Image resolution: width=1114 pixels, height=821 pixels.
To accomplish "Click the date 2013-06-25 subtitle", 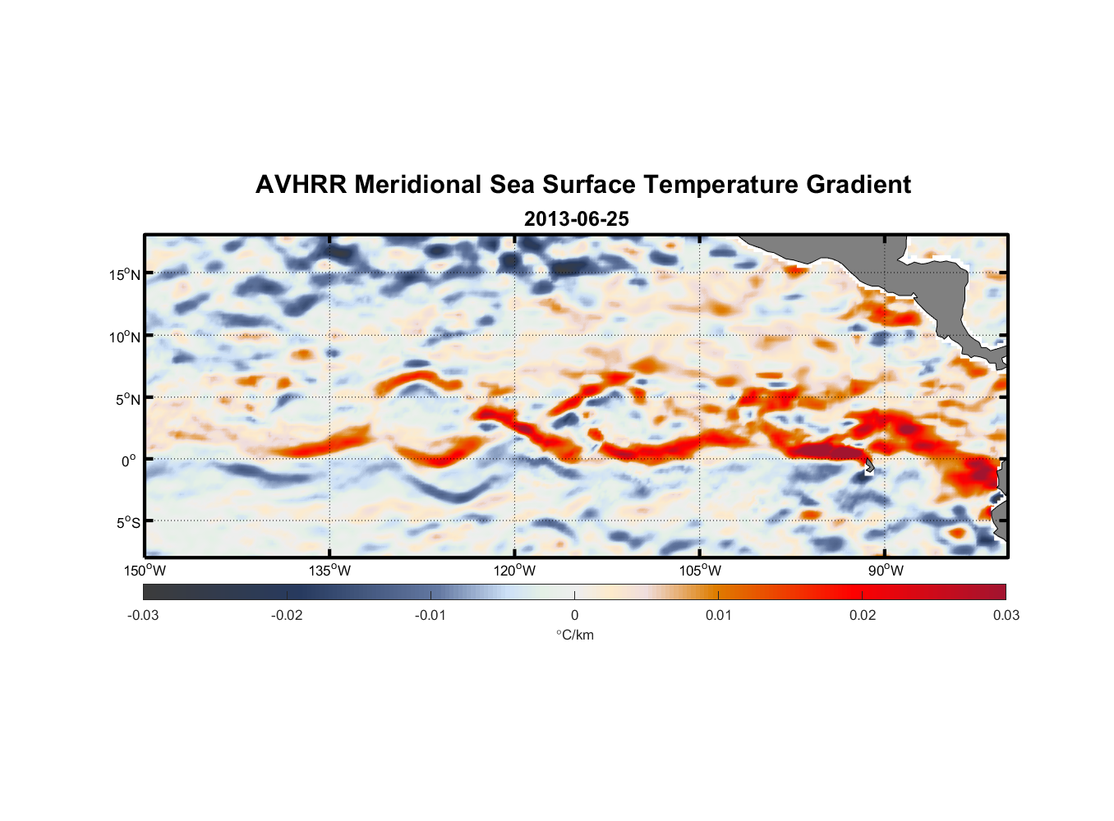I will pyautogui.click(x=576, y=219).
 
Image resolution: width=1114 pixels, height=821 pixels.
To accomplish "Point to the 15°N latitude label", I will pyautogui.click(x=125, y=275).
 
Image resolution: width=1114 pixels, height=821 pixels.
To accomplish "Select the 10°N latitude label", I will pyautogui.click(x=125, y=337).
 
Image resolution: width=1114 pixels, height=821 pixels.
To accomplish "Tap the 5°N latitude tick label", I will pyautogui.click(x=128, y=400).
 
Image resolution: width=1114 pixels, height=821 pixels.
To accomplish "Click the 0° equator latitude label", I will pyautogui.click(x=129, y=461).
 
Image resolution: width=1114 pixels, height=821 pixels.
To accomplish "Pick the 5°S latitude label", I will pyautogui.click(x=128, y=523).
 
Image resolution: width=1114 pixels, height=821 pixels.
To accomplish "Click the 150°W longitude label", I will pyautogui.click(x=145, y=571).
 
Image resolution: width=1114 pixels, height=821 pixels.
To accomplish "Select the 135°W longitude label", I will pyautogui.click(x=329, y=571).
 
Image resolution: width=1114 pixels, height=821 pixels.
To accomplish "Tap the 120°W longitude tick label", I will pyautogui.click(x=514, y=571).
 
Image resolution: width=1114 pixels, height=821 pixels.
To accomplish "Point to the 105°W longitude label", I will pyautogui.click(x=700, y=571).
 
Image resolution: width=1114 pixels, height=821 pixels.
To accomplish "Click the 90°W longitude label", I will pyautogui.click(x=885, y=571).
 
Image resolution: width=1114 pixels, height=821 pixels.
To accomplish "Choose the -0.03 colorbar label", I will pyautogui.click(x=143, y=616).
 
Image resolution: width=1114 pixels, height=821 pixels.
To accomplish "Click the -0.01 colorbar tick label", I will pyautogui.click(x=430, y=616).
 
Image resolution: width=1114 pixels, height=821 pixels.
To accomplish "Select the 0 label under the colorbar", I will pyautogui.click(x=574, y=616).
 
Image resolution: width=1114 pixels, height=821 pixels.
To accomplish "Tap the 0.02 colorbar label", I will pyautogui.click(x=863, y=616).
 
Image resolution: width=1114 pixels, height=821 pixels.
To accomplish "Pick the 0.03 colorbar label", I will pyautogui.click(x=1006, y=616).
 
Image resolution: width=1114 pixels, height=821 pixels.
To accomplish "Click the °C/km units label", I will pyautogui.click(x=574, y=635).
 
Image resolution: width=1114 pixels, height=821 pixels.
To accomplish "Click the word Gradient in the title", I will pyautogui.click(x=858, y=185).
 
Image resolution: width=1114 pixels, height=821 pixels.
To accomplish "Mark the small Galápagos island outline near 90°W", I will pyautogui.click(x=869, y=466).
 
